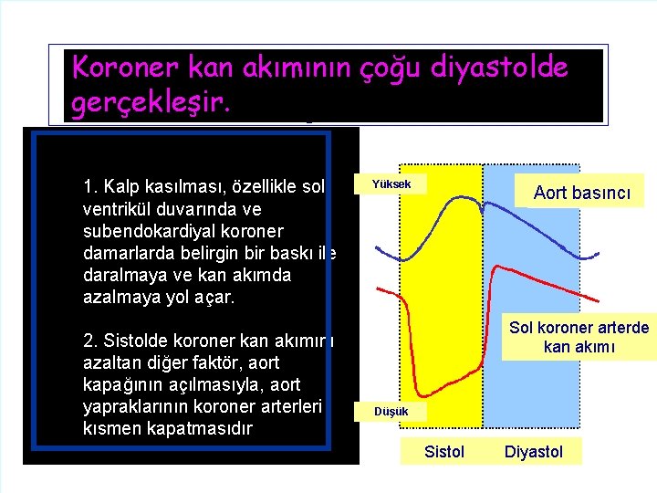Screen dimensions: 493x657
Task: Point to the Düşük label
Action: point(390,412)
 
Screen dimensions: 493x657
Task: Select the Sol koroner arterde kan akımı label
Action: point(579,337)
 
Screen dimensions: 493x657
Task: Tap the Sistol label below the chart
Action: point(444,452)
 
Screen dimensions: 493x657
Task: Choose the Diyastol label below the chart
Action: point(534,452)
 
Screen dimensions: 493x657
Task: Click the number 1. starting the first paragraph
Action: point(89,187)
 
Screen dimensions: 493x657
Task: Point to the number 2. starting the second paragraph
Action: point(89,341)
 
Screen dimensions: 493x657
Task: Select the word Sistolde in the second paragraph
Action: point(135,341)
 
